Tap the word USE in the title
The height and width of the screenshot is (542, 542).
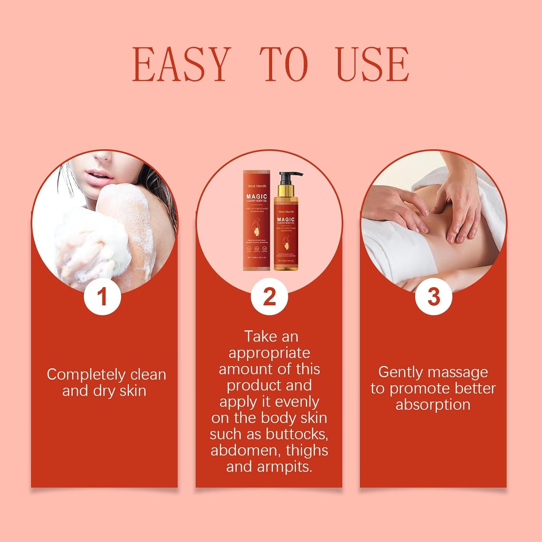coord(372,65)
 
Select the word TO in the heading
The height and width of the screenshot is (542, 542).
coord(284,65)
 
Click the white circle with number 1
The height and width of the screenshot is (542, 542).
coord(102,296)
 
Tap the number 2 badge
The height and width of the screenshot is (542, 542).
coord(269,297)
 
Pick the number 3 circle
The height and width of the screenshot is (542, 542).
coord(434,297)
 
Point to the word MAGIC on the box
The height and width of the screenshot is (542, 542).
coord(257,197)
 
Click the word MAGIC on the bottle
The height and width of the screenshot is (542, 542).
coord(286,219)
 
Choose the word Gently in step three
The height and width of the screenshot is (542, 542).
coord(401,372)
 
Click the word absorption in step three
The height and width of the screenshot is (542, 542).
coord(433,405)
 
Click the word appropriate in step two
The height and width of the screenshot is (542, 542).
coord(269,353)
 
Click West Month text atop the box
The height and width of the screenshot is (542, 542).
coord(257,186)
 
